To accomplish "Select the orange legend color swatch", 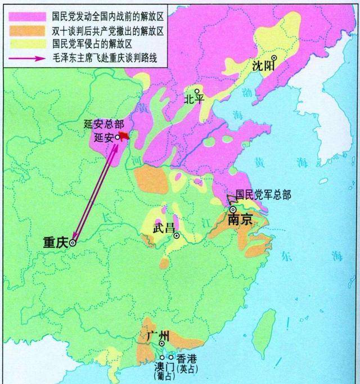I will [26, 29].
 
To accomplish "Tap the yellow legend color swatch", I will [26, 42].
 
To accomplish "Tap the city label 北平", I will [193, 100].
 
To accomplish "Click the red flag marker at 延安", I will [124, 135].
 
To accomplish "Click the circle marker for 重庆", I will [72, 243].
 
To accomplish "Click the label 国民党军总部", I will [263, 195].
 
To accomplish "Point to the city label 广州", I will [157, 336].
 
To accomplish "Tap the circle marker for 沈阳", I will [273, 57].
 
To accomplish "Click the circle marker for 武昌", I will [177, 236].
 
